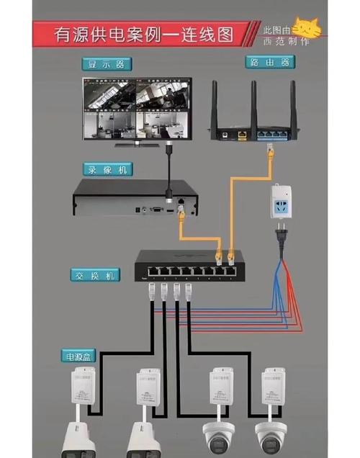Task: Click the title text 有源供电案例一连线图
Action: [144, 32]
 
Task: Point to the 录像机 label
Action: [107, 170]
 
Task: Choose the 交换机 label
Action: [95, 276]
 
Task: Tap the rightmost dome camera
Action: [271, 436]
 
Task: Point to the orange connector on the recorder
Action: [181, 212]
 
